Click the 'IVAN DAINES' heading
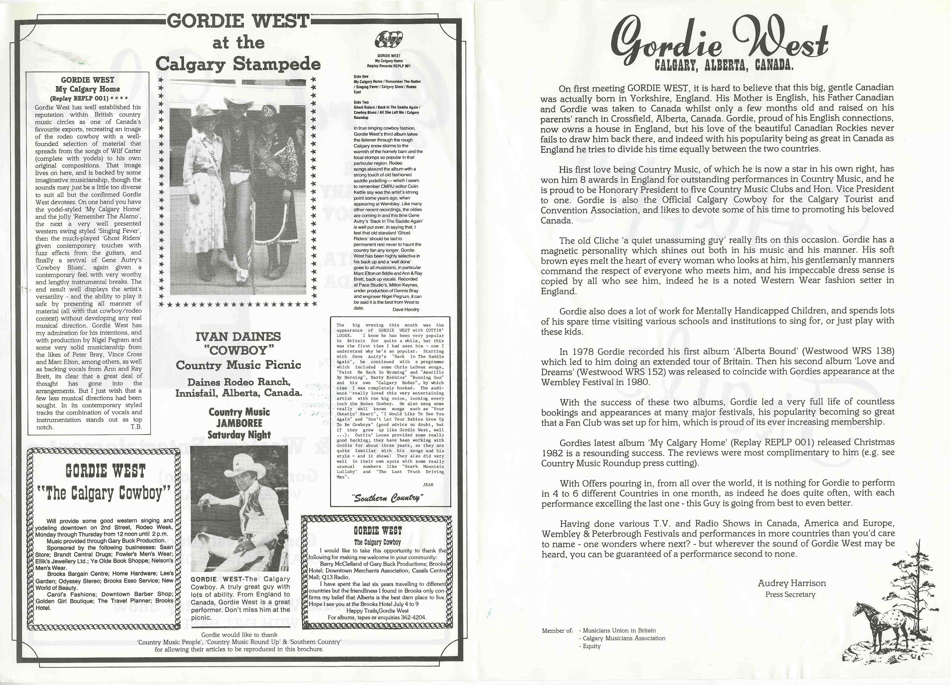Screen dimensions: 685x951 [238, 337]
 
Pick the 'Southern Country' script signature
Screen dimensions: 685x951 [388, 498]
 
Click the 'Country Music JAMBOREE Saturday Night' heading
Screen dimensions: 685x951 [239, 423]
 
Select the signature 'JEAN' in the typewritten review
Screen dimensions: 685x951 [428, 485]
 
